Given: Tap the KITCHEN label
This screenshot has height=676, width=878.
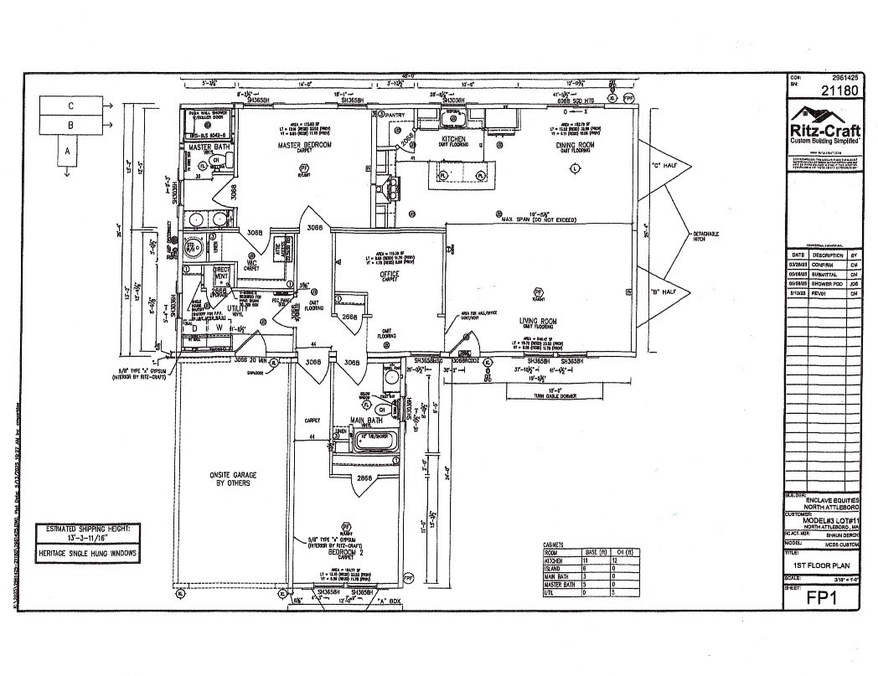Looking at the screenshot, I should pyautogui.click(x=453, y=138).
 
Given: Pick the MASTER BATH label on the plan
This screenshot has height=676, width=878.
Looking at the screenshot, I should pyautogui.click(x=210, y=147).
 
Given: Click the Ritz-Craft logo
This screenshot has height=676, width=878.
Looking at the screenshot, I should pyautogui.click(x=825, y=130).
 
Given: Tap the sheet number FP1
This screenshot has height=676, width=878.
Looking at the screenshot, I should pyautogui.click(x=824, y=598).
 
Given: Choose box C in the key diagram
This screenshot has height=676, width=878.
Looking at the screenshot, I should pyautogui.click(x=71, y=106).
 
